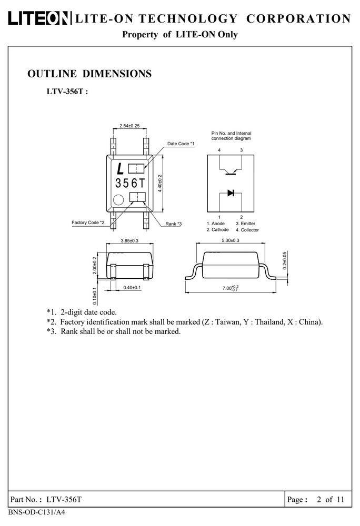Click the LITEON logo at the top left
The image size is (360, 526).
point(39,18)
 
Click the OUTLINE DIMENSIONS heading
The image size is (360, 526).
point(89,74)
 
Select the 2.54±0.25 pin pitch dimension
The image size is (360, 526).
point(129,126)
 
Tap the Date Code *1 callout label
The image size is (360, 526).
point(181,144)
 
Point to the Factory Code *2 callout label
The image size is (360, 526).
point(88,222)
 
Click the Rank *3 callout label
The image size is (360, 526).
point(174,224)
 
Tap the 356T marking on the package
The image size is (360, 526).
point(130,183)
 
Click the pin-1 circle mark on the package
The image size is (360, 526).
point(118,200)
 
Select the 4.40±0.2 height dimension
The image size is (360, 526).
point(160,183)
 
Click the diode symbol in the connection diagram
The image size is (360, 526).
point(231,193)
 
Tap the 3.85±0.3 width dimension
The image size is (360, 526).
point(129,240)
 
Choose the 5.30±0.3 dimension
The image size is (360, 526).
point(231,240)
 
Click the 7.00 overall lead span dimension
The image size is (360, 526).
point(231,288)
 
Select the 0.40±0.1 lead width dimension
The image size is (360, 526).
point(132,288)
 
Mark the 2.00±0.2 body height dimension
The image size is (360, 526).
point(95,265)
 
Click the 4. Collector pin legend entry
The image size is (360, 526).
point(247,230)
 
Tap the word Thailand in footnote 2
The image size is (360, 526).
point(269,322)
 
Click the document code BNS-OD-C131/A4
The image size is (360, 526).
point(36,512)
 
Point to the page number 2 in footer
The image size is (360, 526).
point(319,500)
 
